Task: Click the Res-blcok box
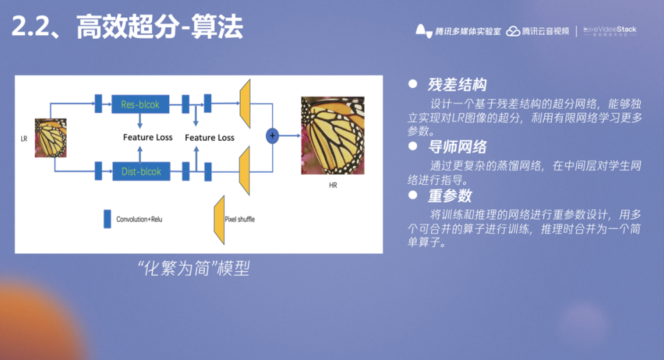141,104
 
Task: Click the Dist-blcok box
141,171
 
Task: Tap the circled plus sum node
272,135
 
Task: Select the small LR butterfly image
51,138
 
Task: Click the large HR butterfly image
332,135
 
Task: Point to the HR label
333,185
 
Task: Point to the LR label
24,139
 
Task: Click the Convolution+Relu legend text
139,219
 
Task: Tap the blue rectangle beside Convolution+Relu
107,219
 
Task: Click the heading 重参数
449,195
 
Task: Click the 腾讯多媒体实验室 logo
458,31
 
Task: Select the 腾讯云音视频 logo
538,31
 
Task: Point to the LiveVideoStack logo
610,31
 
